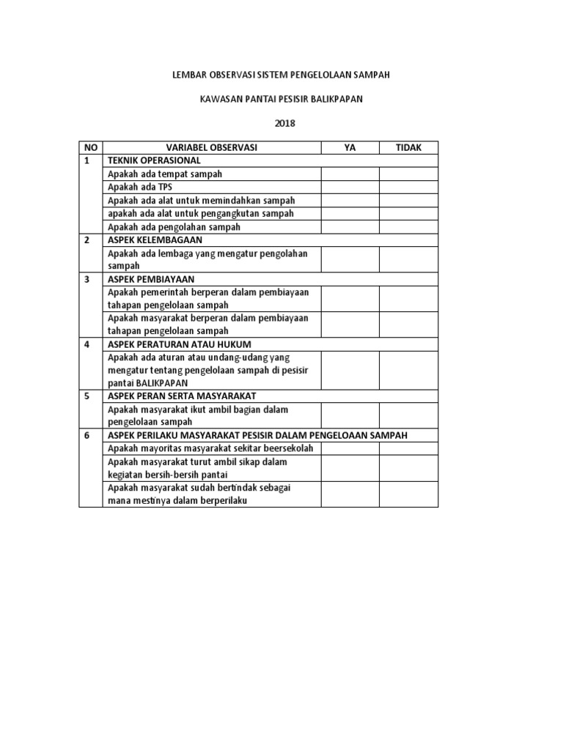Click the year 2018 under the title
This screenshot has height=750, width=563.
pos(284,123)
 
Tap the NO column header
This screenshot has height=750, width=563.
pos(91,147)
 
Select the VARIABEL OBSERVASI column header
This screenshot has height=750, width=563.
pos(212,147)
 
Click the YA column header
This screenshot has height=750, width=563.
pos(350,147)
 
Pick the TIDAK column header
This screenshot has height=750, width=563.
pos(408,147)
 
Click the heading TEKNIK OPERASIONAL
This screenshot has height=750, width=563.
pos(154,160)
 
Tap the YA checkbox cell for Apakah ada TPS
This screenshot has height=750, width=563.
pos(350,187)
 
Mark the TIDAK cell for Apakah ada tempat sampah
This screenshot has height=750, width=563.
pos(408,174)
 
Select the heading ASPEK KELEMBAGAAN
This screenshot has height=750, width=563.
pos(155,240)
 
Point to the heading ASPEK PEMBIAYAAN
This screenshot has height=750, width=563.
pos(153,279)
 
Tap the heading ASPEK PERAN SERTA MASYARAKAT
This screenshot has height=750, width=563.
pos(182,396)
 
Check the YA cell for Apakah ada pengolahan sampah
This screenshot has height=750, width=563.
pos(350,226)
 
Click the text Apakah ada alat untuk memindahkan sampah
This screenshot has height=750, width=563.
pos(202,200)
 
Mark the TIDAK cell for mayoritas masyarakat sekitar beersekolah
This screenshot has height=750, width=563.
pos(408,448)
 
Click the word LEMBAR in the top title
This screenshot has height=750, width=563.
pos(186,75)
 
